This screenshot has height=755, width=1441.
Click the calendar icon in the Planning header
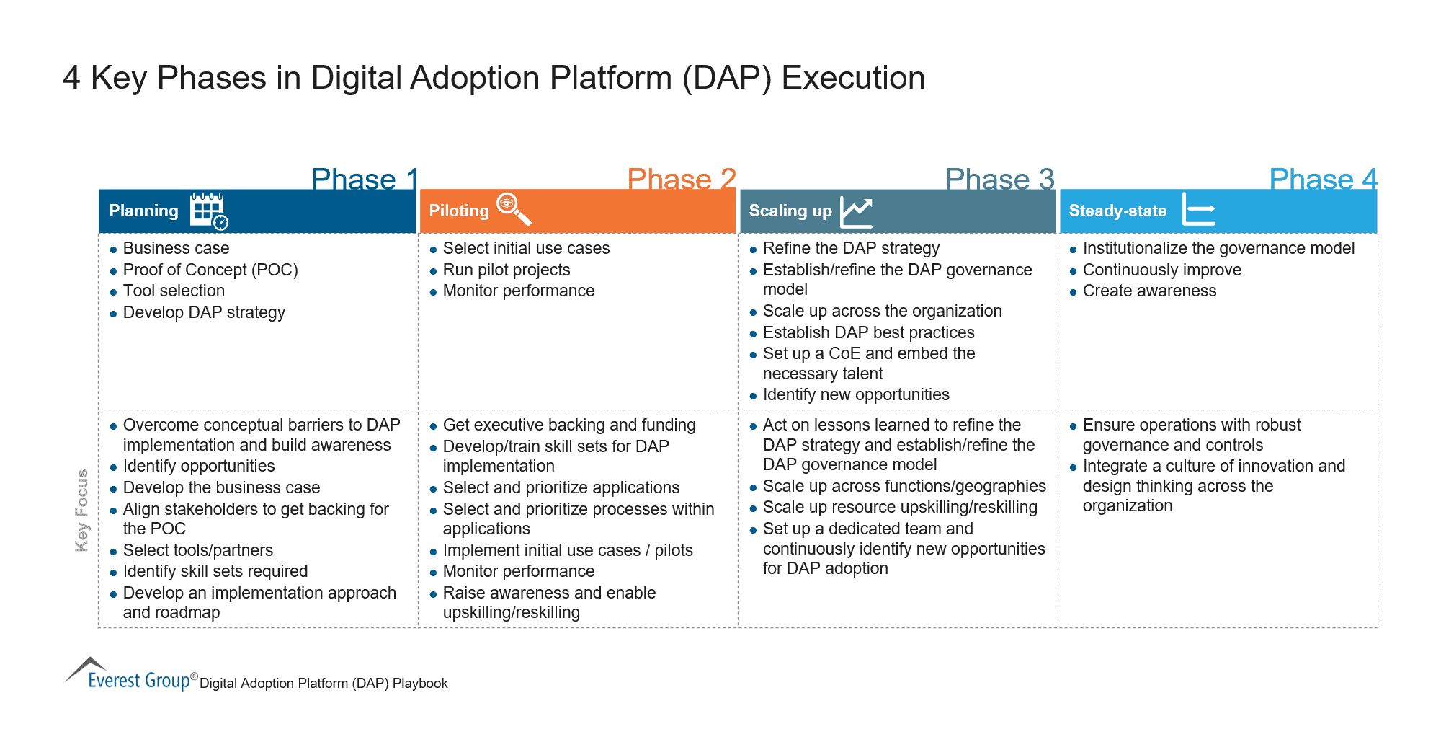[x=208, y=211]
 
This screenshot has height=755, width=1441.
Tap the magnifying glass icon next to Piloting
[x=514, y=209]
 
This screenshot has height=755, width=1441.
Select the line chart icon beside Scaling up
[x=857, y=212]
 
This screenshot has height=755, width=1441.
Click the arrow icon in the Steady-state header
[x=1199, y=210]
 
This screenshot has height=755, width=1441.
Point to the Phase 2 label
[x=682, y=179]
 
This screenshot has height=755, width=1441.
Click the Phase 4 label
[x=1323, y=179]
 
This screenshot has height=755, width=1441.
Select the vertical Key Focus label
[x=82, y=511]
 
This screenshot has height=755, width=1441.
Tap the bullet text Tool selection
[x=174, y=291]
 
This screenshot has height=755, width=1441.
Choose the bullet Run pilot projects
[x=506, y=270]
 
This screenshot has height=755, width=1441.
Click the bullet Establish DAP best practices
[x=868, y=332]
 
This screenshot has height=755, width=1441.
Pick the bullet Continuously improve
[x=1161, y=270]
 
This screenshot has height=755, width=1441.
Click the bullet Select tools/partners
[x=197, y=550]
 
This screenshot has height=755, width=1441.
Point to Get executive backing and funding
[x=568, y=425]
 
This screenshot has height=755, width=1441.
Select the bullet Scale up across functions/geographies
[x=904, y=486]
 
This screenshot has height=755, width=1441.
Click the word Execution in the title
[x=853, y=78]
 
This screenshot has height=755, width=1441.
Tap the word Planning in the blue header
[x=143, y=211]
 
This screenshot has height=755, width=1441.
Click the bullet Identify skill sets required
[x=215, y=571]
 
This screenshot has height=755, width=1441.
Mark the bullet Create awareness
[x=1148, y=291]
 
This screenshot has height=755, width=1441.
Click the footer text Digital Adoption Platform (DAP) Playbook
[x=324, y=683]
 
